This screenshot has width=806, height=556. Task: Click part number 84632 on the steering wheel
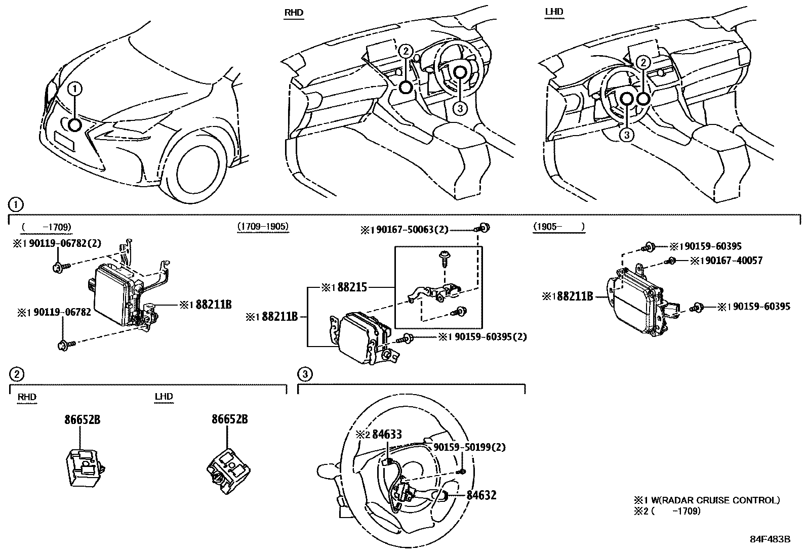coord(481,495)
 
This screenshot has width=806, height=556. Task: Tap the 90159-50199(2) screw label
coord(469,447)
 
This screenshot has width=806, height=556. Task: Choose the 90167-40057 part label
coord(731,261)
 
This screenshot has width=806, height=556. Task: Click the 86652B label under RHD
coord(82,419)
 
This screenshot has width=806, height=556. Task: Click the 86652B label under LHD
coord(229,419)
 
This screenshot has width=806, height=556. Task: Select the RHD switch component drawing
coord(85,465)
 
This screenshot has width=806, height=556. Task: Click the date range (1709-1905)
coord(263,226)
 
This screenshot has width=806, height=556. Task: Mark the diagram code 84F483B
coord(770,539)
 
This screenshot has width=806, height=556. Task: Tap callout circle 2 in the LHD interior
coord(642,62)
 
